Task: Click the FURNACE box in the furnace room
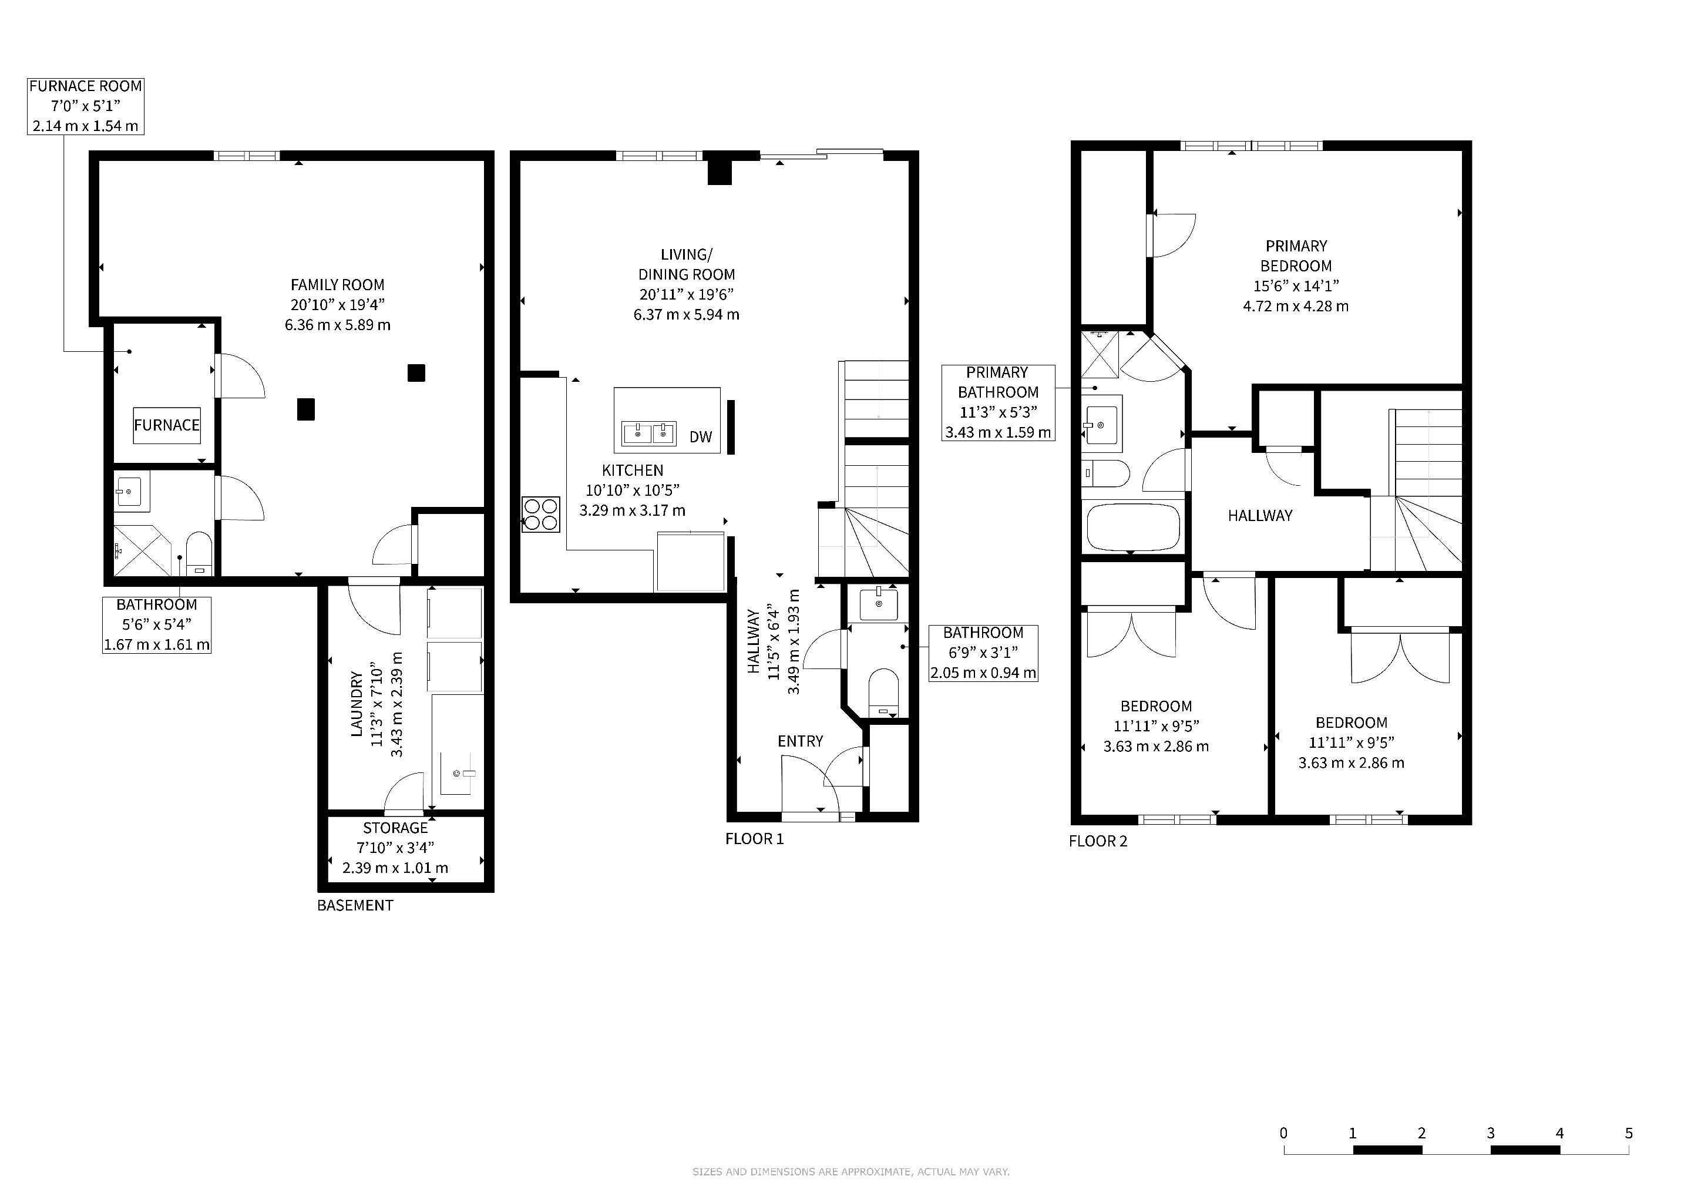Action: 167,425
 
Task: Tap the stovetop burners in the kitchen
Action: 540,514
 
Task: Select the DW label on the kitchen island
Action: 700,437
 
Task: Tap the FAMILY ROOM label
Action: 337,284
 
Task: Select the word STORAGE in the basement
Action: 396,828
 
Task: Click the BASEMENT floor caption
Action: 355,905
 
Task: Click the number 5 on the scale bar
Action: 1628,1133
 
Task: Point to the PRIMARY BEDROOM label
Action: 1296,256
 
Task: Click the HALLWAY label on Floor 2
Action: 1260,516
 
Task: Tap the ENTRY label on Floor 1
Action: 800,741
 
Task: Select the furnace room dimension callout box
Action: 85,106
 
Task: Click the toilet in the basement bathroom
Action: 199,553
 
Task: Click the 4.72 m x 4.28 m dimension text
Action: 1296,306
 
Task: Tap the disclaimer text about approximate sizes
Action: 850,1172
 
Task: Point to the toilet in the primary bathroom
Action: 1106,473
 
